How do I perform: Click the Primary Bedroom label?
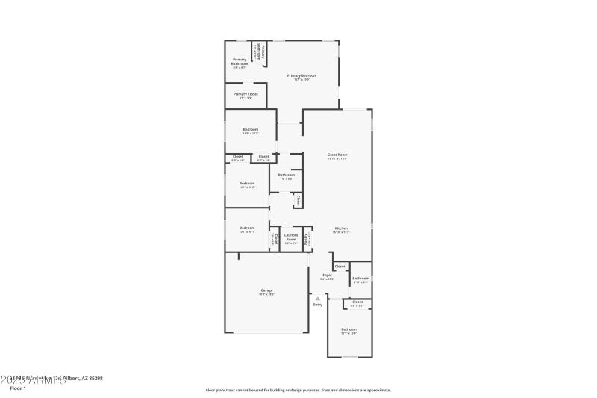click(x=301, y=75)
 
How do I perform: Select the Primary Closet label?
click(x=246, y=94)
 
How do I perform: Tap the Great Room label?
click(x=337, y=155)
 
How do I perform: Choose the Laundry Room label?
click(x=291, y=237)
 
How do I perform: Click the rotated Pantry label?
click(x=307, y=239)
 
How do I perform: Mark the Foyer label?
click(x=327, y=275)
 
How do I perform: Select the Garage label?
click(x=266, y=290)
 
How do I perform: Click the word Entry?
click(x=318, y=305)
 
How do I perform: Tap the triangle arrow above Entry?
click(x=318, y=298)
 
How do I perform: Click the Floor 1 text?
click(x=18, y=388)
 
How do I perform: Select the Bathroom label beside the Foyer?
click(x=361, y=278)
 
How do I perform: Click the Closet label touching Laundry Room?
click(x=275, y=239)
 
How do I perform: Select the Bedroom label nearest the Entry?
click(x=349, y=329)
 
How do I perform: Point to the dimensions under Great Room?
click(x=337, y=159)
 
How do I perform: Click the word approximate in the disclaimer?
click(x=377, y=390)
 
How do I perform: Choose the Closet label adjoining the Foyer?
click(x=340, y=267)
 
